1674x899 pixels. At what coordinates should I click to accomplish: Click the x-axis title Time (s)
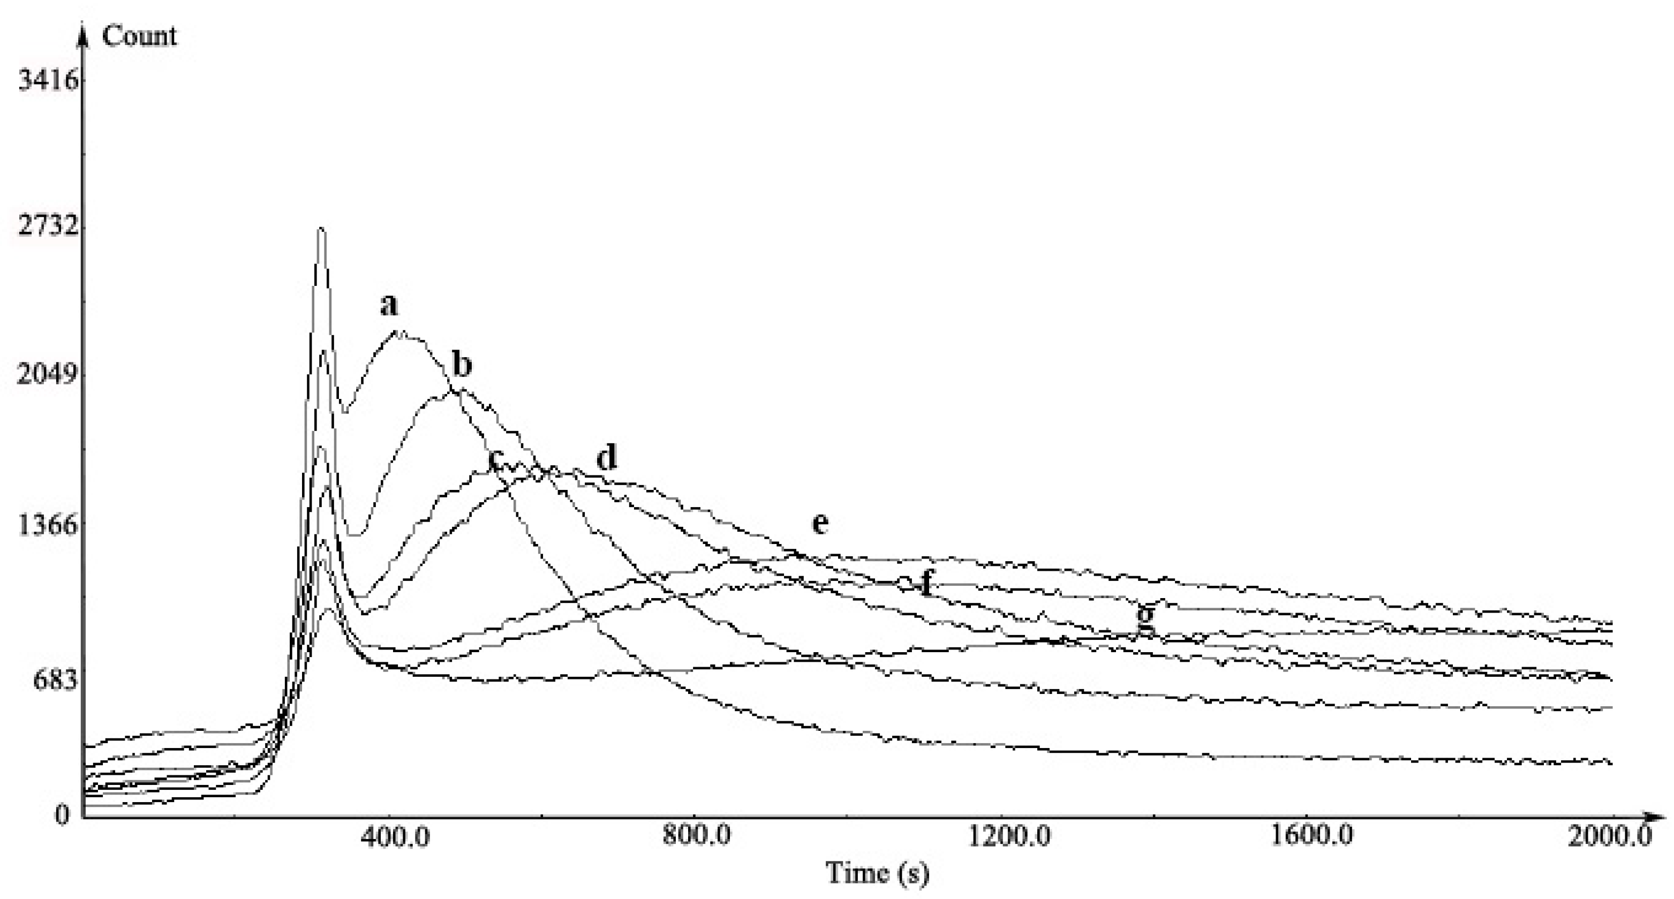(x=877, y=872)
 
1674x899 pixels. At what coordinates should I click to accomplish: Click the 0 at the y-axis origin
(x=62, y=814)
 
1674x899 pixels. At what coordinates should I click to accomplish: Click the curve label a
(x=389, y=304)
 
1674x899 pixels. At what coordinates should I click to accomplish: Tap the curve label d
(x=606, y=458)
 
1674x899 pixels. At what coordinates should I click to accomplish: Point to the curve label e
(x=820, y=524)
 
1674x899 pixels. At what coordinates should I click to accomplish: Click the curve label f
(x=926, y=583)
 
